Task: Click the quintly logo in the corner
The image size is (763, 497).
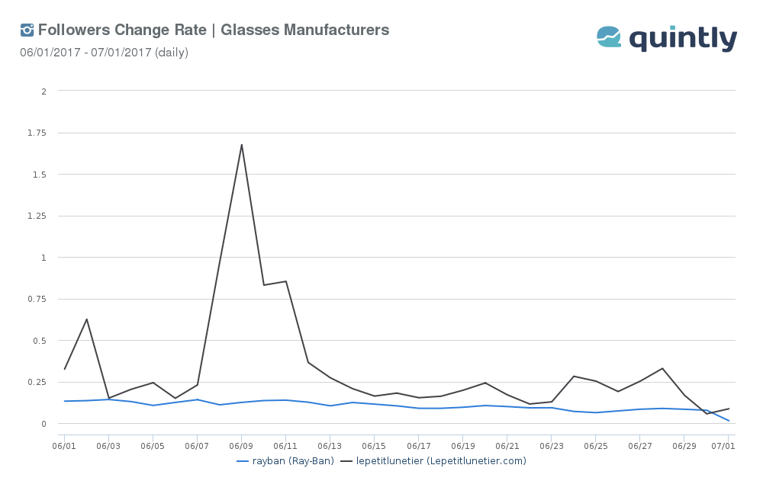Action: pos(667,38)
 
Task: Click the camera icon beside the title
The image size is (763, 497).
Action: pos(27,30)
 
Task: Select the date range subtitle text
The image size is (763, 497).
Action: pos(104,53)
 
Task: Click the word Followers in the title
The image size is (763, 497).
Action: pos(73,30)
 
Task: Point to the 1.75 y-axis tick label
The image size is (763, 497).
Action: pos(37,133)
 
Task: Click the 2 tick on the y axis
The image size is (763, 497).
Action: pos(44,91)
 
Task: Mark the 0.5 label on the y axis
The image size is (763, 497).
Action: pos(40,341)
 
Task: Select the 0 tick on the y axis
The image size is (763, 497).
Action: pos(44,424)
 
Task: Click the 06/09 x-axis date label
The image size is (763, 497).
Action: pos(241,445)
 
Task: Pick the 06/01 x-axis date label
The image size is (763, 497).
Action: pos(64,445)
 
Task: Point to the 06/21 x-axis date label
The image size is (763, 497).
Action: pos(507,445)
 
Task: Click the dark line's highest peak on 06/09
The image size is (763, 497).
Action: pos(242,144)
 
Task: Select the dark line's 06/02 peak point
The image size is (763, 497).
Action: pos(86,319)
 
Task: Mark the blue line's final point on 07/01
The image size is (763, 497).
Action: pos(729,421)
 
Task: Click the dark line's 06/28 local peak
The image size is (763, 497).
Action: pos(662,368)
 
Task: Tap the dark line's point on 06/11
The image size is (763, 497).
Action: pos(286,281)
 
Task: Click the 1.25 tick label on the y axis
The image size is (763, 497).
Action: pos(37,216)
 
